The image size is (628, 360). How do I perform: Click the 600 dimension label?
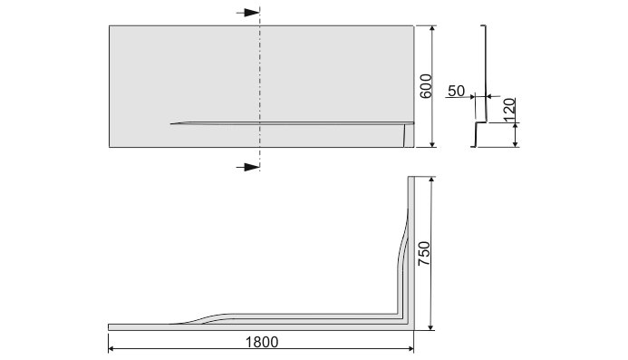(426, 86)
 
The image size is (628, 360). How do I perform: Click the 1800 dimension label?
(262, 342)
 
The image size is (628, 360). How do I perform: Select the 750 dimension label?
(424, 253)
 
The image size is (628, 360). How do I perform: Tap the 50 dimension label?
(456, 91)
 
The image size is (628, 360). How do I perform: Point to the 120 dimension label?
(509, 110)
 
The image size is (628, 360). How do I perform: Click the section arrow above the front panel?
(248, 13)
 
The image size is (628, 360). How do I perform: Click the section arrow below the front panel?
(248, 167)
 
